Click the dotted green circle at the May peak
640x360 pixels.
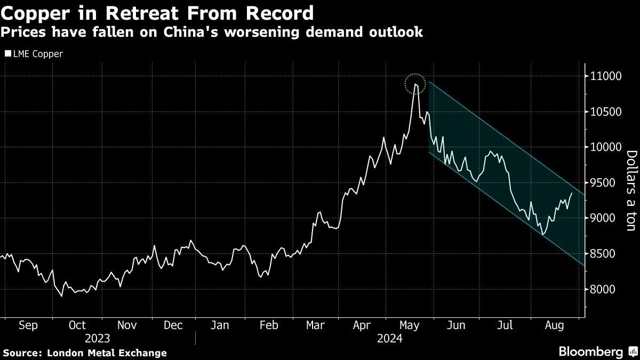pos(415,84)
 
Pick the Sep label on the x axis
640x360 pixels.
pos(28,326)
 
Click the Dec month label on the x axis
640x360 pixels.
pos(173,326)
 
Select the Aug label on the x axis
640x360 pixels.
pos(555,326)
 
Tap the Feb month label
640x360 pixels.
pos(268,326)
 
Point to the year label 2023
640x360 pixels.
pos(97,339)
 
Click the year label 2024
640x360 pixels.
pos(390,339)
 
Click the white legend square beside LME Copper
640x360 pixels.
pos(7,54)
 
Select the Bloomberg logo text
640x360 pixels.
pos(590,351)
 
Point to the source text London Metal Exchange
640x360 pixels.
pos(107,353)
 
